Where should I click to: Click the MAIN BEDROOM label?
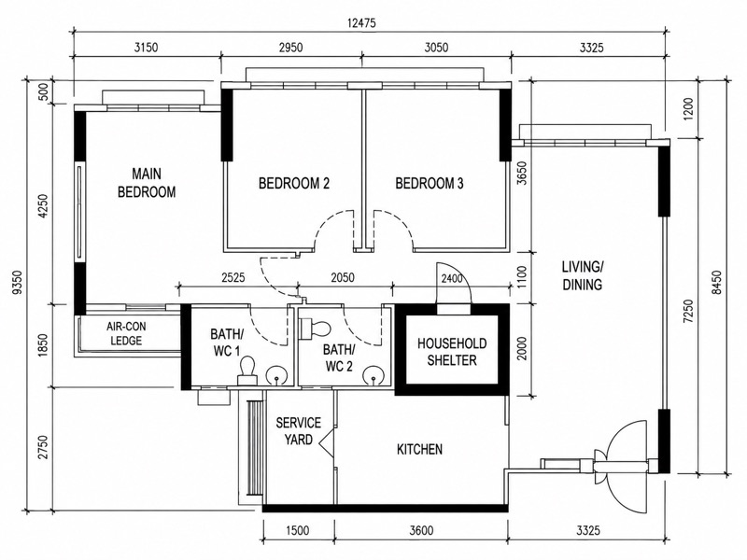(x=147, y=182)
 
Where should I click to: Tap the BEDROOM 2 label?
(x=294, y=183)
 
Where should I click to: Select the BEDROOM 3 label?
(x=430, y=183)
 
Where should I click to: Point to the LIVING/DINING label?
(x=582, y=275)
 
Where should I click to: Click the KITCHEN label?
(x=419, y=449)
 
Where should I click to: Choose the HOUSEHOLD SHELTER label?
(x=452, y=352)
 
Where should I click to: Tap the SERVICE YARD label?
(x=299, y=431)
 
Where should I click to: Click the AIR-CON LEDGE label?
(x=126, y=333)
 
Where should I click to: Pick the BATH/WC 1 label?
(x=227, y=343)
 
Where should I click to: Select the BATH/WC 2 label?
(x=339, y=358)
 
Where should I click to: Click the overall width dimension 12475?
(x=361, y=22)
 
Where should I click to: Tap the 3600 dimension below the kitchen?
(x=421, y=530)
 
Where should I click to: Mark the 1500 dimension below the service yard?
(x=297, y=530)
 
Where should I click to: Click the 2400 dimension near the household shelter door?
(x=451, y=278)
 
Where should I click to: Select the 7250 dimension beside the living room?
(x=688, y=312)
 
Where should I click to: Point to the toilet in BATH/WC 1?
(x=247, y=371)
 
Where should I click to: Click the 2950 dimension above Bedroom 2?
(x=291, y=48)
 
